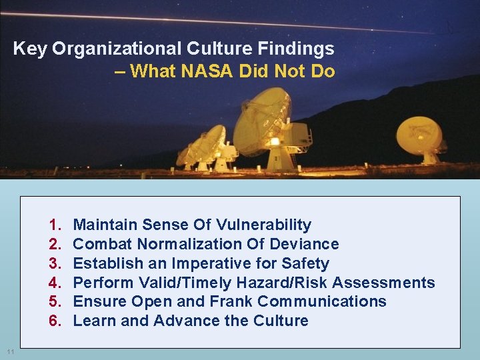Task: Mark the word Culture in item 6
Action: coord(281,321)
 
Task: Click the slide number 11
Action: coord(9,351)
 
